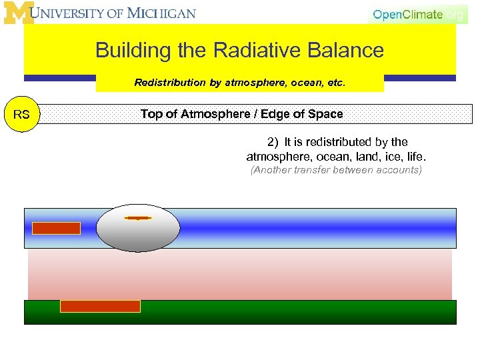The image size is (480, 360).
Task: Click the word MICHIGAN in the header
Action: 163,13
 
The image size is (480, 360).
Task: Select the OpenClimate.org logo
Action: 417,15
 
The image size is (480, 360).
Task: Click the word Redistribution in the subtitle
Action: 168,83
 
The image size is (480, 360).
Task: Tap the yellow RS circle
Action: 21,114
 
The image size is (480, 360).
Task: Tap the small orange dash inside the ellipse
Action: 138,217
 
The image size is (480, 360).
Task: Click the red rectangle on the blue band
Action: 57,228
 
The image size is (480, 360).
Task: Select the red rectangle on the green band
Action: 100,306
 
